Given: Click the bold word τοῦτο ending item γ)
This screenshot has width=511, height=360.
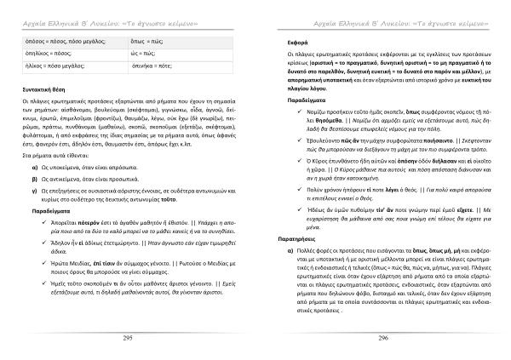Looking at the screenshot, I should [206, 197].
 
